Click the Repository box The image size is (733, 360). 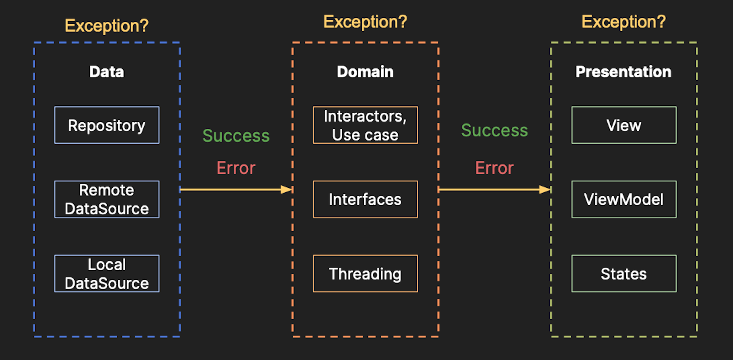pos(107,125)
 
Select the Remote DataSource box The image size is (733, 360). pos(107,199)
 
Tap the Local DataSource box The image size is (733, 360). pos(107,273)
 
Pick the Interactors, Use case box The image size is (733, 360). pos(365,125)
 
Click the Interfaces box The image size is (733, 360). pos(365,199)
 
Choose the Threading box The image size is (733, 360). pos(365,273)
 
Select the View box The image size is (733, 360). pos(624,125)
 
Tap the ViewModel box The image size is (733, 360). pos(624,199)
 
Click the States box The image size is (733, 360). pos(624,273)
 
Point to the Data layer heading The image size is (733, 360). pos(107,72)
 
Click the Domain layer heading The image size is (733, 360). pos(365,72)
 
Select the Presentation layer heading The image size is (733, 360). pos(624,72)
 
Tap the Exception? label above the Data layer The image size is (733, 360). pos(107,26)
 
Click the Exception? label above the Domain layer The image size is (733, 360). pos(365,22)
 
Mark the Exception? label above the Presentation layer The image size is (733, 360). pos(624,22)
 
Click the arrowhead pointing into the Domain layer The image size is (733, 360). pos(287,190)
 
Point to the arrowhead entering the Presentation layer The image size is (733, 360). pos(545,190)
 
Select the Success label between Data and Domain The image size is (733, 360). pos(236,136)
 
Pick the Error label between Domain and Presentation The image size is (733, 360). pos(494,168)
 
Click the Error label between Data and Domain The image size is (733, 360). pos(236,168)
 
